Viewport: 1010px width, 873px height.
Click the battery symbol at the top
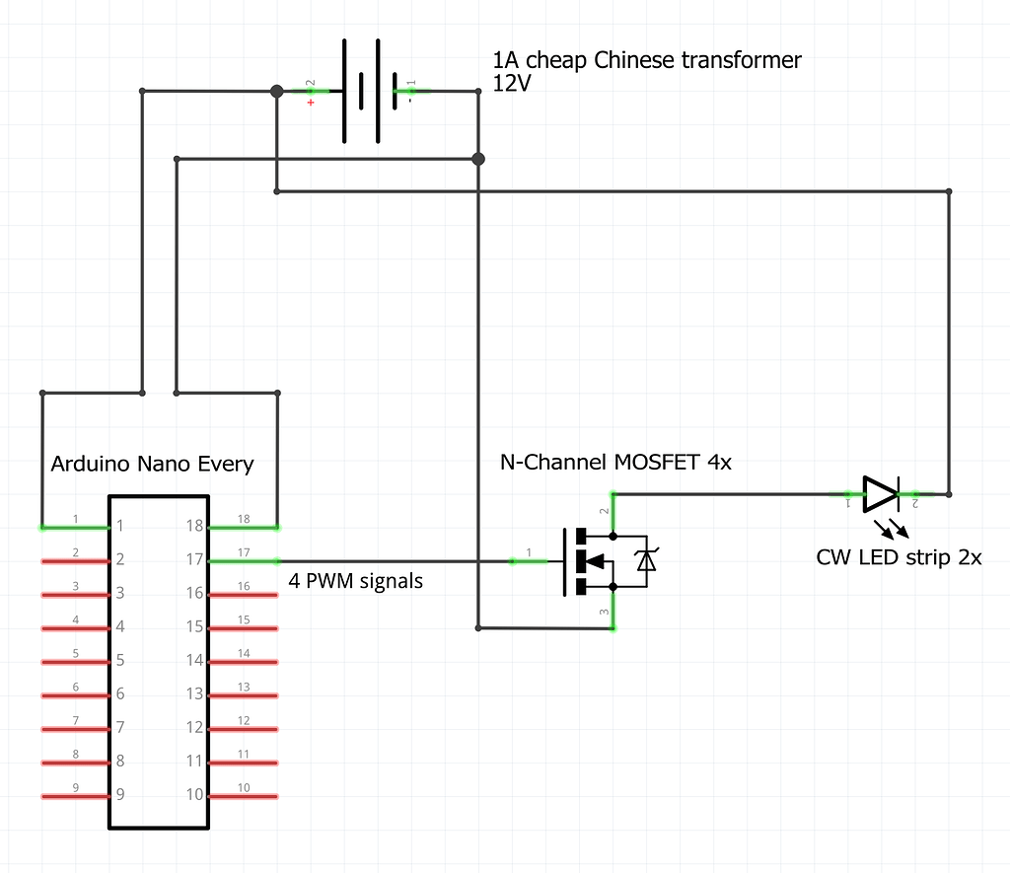pos(363,91)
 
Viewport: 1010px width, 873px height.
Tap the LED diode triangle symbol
pos(880,493)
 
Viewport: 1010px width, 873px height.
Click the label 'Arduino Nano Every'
pos(152,464)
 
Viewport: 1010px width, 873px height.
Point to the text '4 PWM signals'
pos(355,581)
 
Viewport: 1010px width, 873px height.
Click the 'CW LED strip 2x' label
pos(899,556)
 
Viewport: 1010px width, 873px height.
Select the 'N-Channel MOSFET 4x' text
pos(616,462)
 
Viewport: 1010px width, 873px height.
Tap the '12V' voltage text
pos(511,85)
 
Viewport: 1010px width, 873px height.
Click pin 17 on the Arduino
pos(243,560)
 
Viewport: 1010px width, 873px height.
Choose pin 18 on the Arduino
pos(243,526)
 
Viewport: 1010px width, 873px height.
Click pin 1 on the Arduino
pos(75,527)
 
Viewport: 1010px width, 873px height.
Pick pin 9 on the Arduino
pos(75,795)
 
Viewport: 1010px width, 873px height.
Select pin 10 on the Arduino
pos(243,795)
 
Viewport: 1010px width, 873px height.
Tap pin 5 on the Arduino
pos(75,661)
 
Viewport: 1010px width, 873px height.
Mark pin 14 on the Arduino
pos(243,661)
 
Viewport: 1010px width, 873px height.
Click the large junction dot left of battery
pos(276,91)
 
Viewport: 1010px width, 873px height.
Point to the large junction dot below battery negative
pos(478,158)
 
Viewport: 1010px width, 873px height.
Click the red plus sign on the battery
pos(312,103)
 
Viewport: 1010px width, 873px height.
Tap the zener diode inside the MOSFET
pos(646,560)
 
